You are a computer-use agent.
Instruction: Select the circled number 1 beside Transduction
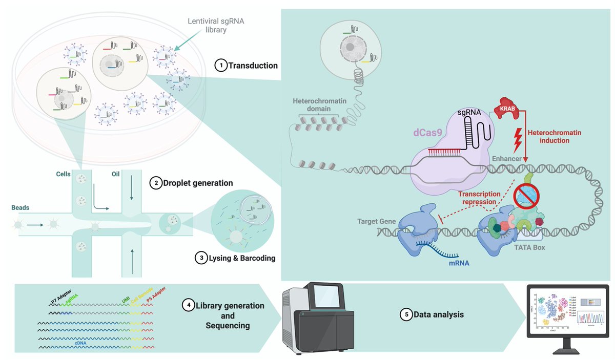220,66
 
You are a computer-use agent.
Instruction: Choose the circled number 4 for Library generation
189,306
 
